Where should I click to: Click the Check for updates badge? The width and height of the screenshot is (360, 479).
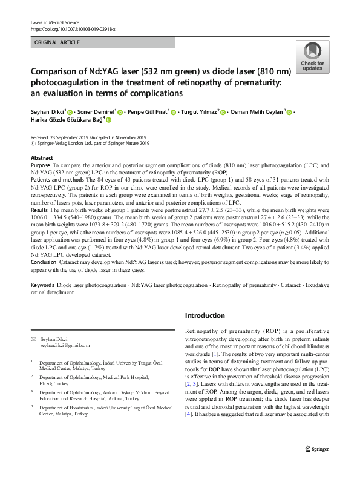[x=312, y=57]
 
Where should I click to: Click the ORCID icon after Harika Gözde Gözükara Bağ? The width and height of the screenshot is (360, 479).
[x=109, y=121]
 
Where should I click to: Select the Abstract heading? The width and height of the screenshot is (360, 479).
[x=42, y=157]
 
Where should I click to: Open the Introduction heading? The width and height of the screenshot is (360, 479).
[x=205, y=315]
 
